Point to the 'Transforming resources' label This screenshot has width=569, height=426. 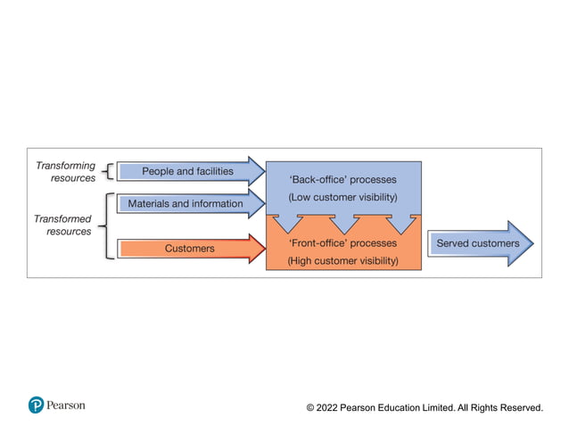pos(65,172)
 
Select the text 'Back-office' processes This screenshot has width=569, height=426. pos(342,179)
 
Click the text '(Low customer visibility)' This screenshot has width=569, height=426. pos(342,197)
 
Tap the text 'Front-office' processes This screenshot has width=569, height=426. pos(342,242)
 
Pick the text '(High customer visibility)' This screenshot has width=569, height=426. pos(342,261)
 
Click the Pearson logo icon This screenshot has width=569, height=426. pos(36,406)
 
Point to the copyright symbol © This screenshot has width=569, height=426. pos(310,407)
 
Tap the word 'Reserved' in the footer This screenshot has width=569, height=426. pos(519,407)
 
